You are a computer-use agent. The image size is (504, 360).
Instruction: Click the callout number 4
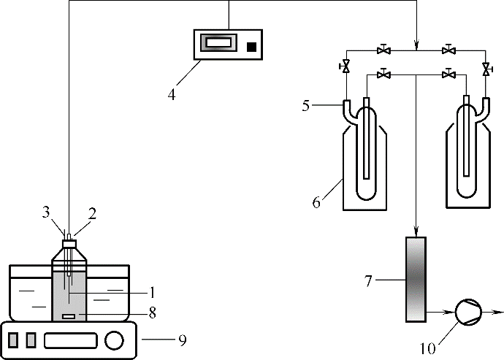[x=172, y=94]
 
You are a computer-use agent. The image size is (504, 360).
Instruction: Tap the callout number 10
[x=428, y=348]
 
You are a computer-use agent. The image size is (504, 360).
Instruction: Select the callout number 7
[x=368, y=281]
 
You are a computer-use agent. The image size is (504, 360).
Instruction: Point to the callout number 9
[x=183, y=341]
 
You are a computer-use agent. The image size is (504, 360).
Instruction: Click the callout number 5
[x=305, y=105]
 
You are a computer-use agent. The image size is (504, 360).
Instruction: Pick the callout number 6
[x=316, y=203]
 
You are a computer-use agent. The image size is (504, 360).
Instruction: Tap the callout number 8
[x=152, y=313]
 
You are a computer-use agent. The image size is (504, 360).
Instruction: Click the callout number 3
[x=46, y=213]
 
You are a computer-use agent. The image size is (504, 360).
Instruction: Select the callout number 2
[x=92, y=214]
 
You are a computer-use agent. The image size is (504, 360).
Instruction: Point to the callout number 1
[x=152, y=293]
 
